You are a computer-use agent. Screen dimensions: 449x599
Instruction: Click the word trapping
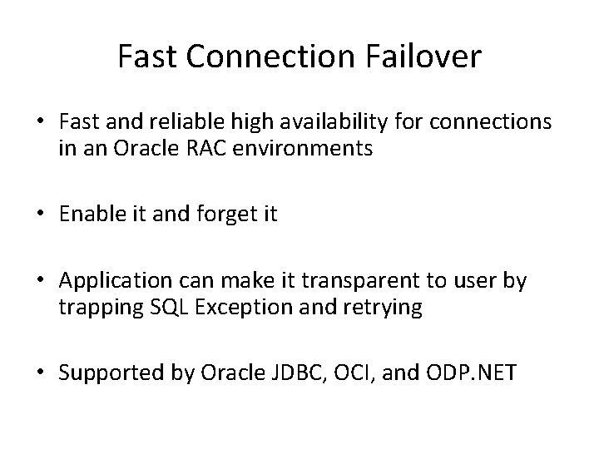(95, 308)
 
